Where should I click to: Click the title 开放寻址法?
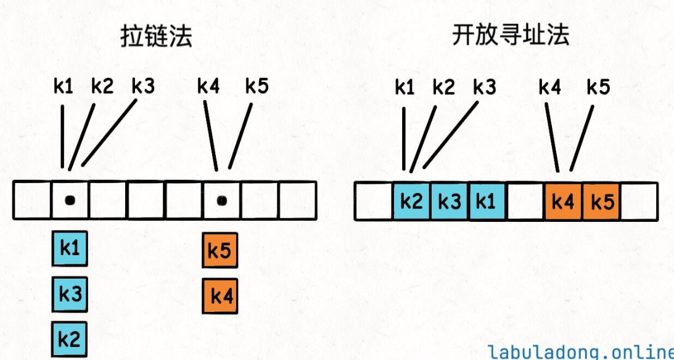[x=511, y=36]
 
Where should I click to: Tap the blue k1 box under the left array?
[x=69, y=248]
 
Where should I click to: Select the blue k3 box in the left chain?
[x=69, y=293]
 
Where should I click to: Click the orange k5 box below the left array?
[x=220, y=252]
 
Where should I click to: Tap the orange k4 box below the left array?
[x=220, y=297]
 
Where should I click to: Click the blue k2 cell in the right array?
[x=411, y=202]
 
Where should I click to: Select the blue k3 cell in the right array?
[x=450, y=202]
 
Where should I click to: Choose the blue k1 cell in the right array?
[x=487, y=202]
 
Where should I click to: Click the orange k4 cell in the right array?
[x=563, y=202]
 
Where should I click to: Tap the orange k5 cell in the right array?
[x=601, y=202]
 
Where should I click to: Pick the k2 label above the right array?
[x=444, y=86]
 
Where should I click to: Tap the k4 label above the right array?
[x=549, y=86]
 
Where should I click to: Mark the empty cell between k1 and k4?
[x=525, y=202]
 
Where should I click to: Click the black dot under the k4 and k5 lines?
[x=222, y=200]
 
